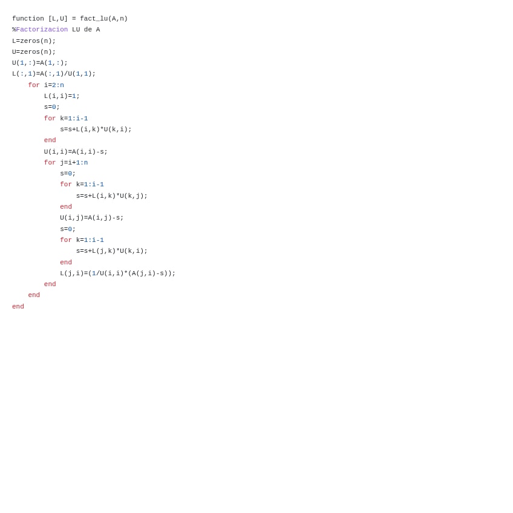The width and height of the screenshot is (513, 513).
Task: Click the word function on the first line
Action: click(x=28, y=19)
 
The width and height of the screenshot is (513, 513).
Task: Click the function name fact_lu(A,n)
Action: click(x=103, y=19)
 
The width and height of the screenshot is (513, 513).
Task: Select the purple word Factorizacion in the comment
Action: click(x=42, y=30)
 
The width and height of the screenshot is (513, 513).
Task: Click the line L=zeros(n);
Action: click(x=34, y=41)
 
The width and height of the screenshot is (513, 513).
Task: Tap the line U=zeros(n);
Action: click(x=34, y=52)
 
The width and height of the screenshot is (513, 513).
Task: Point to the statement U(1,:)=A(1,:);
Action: click(x=40, y=63)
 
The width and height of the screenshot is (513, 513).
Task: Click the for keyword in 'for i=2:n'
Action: click(x=34, y=85)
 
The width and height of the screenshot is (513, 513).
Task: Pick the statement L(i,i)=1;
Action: click(x=62, y=96)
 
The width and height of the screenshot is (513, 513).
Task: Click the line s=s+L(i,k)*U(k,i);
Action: click(x=96, y=129)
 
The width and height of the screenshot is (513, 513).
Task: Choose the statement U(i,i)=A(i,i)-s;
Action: click(x=76, y=152)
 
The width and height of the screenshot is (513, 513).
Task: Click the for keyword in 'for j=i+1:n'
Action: click(x=50, y=163)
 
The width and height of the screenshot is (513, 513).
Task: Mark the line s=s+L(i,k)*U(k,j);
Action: click(x=112, y=196)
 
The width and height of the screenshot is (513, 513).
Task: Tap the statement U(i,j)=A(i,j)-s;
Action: click(x=91, y=218)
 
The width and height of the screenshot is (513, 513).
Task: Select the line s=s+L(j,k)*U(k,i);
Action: click(x=112, y=251)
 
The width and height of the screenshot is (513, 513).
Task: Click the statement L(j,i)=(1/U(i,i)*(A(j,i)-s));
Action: click(x=117, y=273)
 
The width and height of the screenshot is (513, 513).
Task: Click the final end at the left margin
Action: click(x=18, y=307)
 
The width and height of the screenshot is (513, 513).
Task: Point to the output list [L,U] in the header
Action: click(x=58, y=19)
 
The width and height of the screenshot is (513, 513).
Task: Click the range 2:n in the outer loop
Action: click(x=58, y=85)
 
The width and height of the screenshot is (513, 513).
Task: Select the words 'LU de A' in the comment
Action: click(x=86, y=30)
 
